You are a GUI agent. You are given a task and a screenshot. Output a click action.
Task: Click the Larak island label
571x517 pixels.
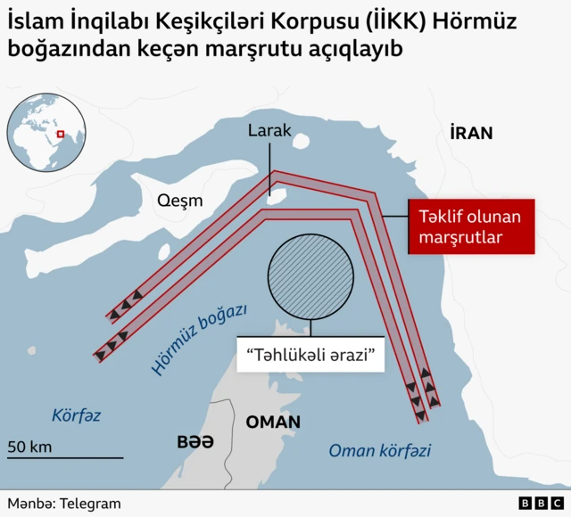coord(269,130)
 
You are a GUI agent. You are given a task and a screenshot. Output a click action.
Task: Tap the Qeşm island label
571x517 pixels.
coord(179,201)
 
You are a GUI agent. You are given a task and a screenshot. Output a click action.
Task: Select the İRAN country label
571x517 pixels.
coord(471,134)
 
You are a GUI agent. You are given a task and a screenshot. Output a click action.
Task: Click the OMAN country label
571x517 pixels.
coord(273,422)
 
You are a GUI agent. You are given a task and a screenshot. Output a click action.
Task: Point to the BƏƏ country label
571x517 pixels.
coord(195,441)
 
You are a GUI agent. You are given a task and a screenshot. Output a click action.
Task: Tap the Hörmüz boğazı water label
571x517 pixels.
coord(198,340)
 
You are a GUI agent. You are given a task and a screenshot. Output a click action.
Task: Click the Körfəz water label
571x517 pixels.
coord(76,415)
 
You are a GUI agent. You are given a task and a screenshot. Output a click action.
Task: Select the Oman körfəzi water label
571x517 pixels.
coord(379,451)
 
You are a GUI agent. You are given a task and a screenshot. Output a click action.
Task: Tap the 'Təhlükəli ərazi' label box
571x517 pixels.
coord(309,354)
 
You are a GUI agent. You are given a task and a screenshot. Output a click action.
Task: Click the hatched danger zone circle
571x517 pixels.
coord(306,276)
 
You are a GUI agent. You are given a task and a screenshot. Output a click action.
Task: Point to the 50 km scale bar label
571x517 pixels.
coord(29,447)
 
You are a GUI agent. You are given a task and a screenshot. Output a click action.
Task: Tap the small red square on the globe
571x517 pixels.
coord(61,135)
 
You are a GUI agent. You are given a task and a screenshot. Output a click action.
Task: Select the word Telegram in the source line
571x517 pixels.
coord(90,504)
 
